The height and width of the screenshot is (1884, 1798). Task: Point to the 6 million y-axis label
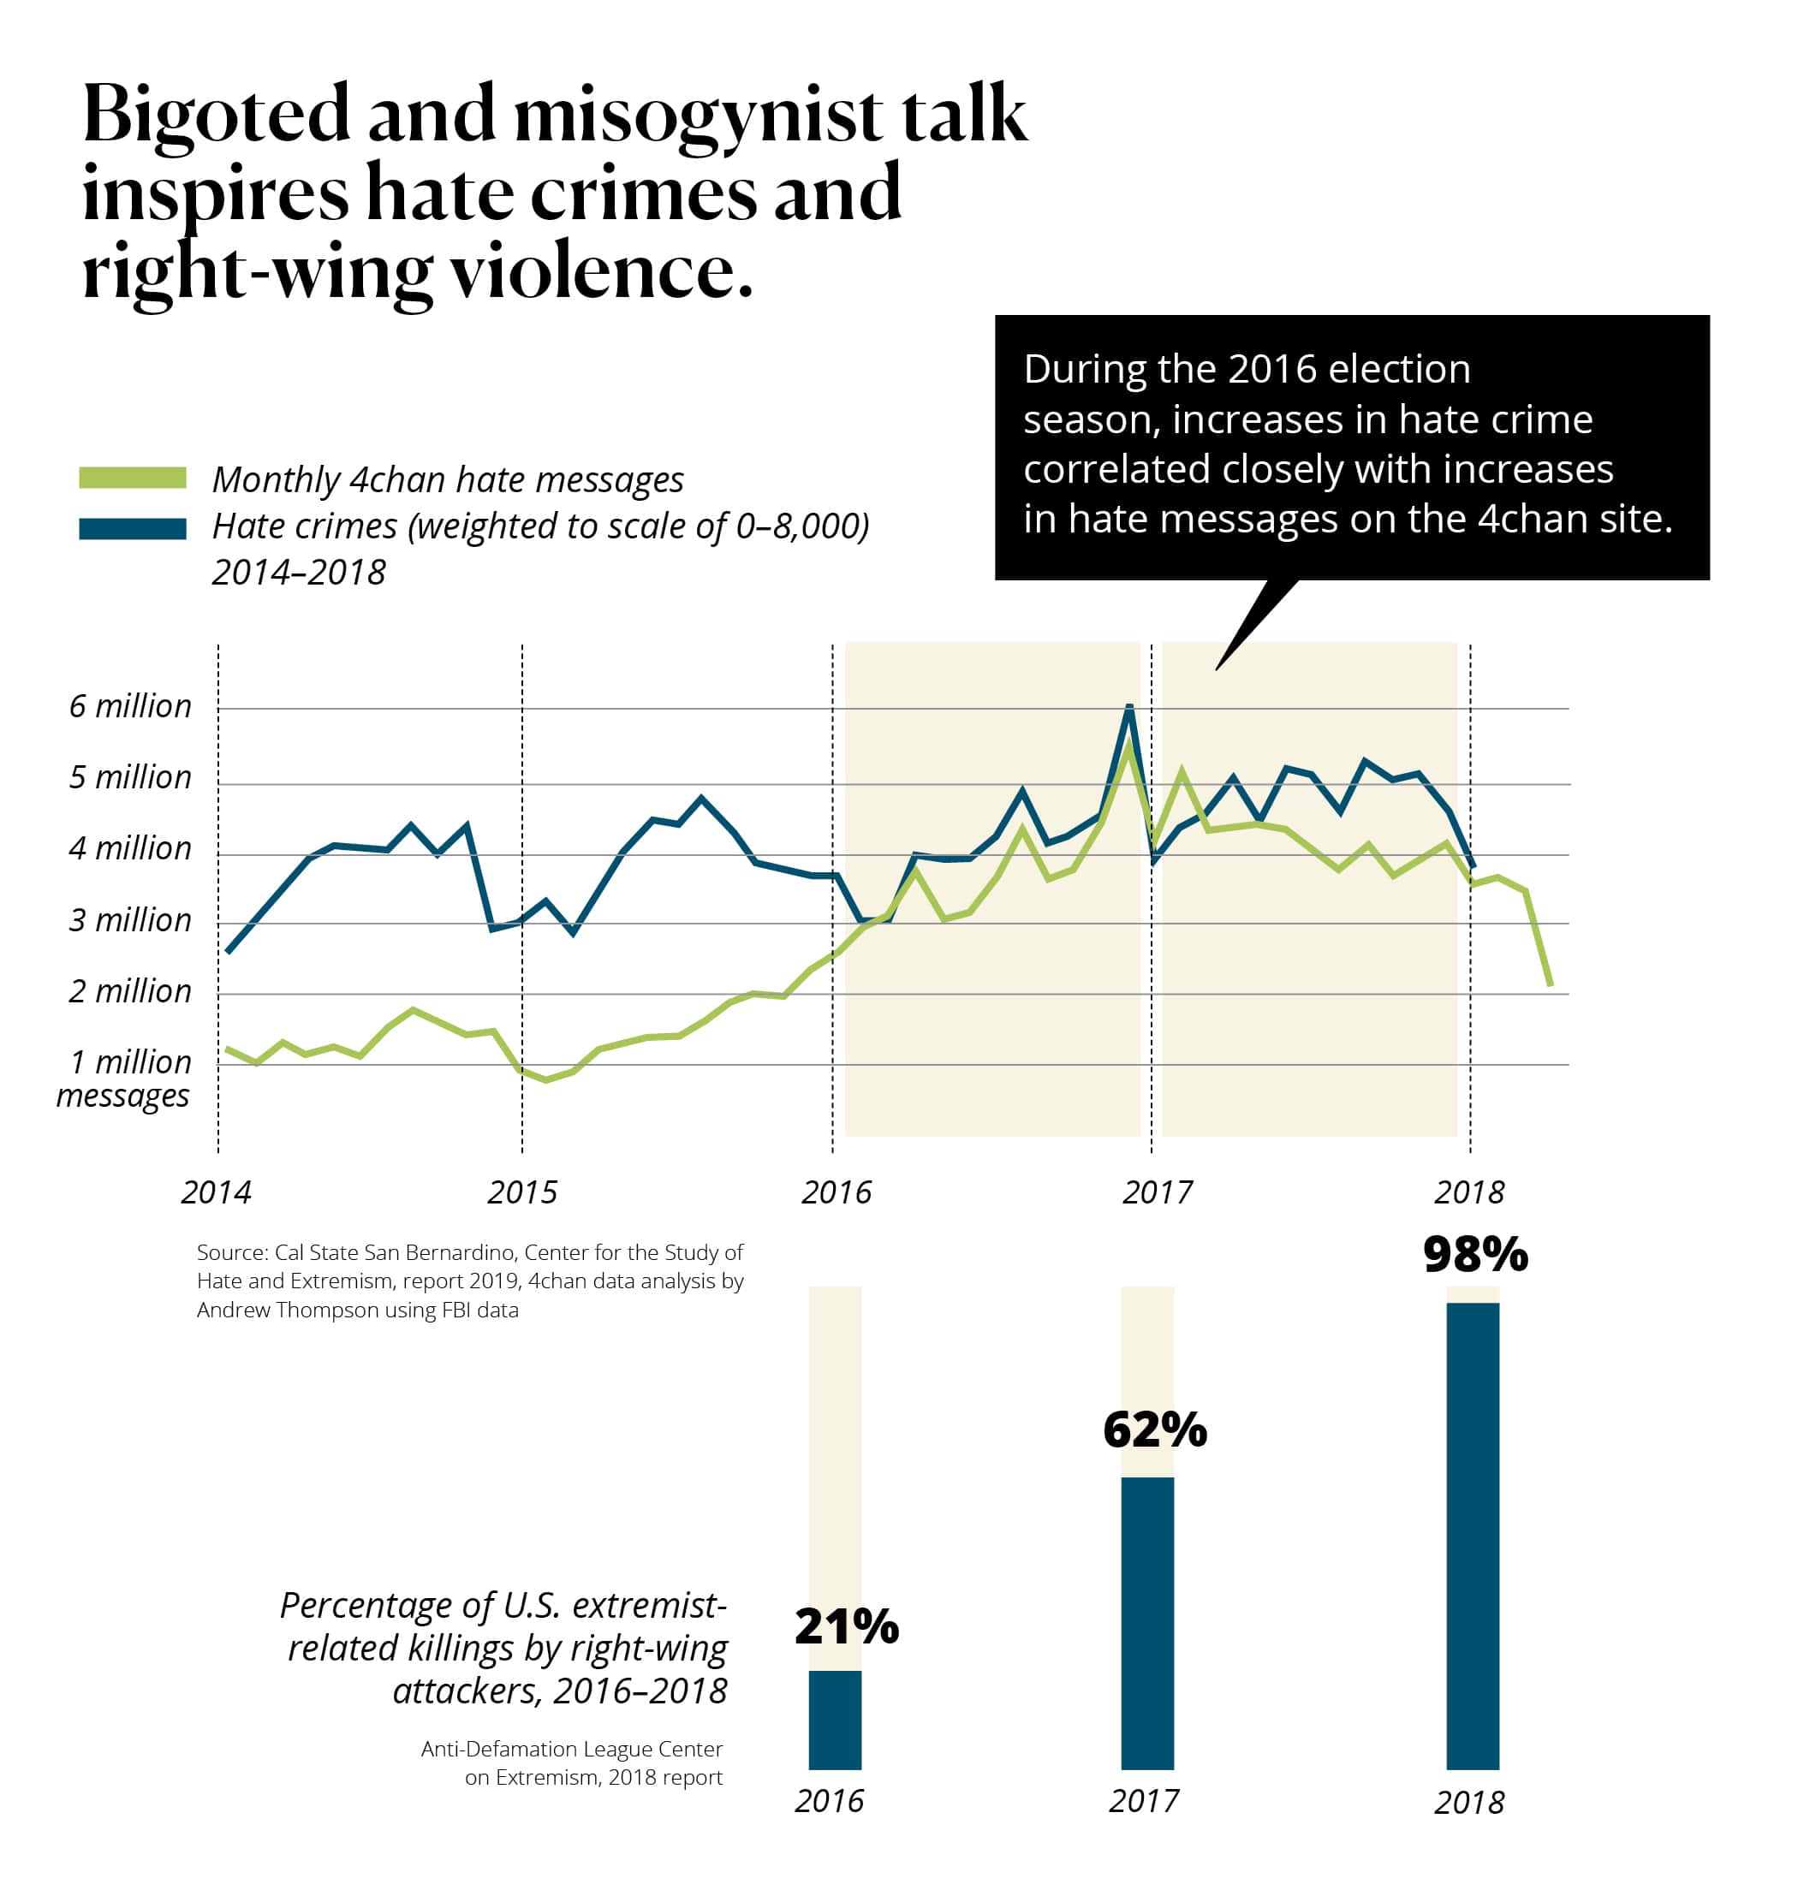pos(129,706)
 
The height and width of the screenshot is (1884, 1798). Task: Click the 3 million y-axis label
pos(129,920)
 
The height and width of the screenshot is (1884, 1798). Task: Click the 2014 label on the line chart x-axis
pos(216,1192)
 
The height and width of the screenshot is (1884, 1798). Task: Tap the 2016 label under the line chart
pos(836,1192)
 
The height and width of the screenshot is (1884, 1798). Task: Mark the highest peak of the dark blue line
pos(1129,707)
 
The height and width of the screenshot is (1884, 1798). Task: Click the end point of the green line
pos(1550,985)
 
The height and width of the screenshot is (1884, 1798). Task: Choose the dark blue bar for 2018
pos(1472,1533)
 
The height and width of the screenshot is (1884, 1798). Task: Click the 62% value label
pos(1154,1429)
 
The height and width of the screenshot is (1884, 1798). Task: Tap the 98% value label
pos(1475,1254)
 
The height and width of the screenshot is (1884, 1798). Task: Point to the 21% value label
pos(846,1626)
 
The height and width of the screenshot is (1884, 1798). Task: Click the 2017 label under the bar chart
pos(1143,1801)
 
